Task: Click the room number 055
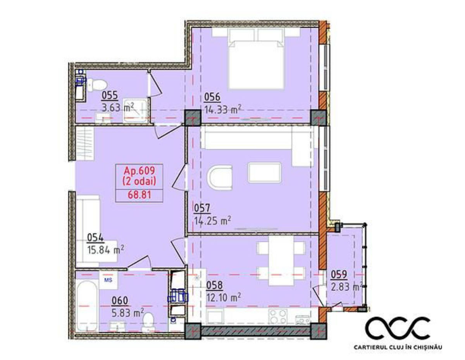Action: coord(110,96)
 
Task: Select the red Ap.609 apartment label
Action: coord(139,170)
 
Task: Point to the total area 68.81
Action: coord(139,195)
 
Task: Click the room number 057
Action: coord(202,208)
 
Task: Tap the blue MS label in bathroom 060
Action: coord(108,280)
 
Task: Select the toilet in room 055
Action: coord(97,85)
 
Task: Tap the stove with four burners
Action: coord(278,317)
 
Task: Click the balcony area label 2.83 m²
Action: coord(347,287)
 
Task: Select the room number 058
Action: coord(214,285)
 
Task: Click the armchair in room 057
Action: coord(220,177)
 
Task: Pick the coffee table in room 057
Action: coord(265,173)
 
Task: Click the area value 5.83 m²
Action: coord(128,314)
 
